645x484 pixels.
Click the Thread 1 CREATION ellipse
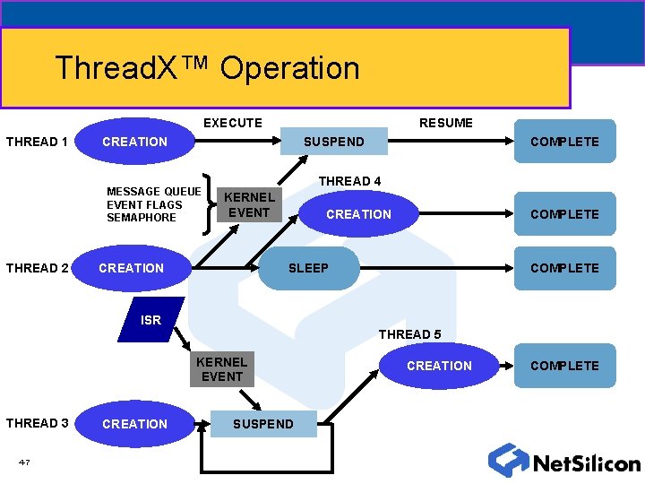coord(134,142)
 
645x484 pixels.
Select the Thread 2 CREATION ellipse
coord(131,268)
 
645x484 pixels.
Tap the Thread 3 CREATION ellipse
coord(134,424)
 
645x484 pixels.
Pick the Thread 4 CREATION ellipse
coord(358,214)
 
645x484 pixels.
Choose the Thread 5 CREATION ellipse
coord(439,366)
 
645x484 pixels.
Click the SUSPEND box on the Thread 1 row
coord(333,142)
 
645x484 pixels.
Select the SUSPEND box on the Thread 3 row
coord(262,424)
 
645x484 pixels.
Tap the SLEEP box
coord(308,268)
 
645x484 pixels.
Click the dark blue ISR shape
coord(151,319)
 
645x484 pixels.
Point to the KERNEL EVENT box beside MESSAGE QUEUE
coord(248,204)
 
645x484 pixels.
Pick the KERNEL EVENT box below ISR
coord(221,369)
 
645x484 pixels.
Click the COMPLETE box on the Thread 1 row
coord(564,142)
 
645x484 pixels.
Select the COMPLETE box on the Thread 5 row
coord(564,366)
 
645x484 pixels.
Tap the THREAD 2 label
coord(37,268)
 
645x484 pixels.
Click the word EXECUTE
coord(233,123)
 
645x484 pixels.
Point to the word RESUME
coord(446,123)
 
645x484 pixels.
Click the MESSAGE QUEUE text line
coord(153,191)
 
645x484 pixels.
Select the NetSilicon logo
coord(564,461)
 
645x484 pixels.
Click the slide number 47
coord(24,462)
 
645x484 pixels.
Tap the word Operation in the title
coord(289,68)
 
